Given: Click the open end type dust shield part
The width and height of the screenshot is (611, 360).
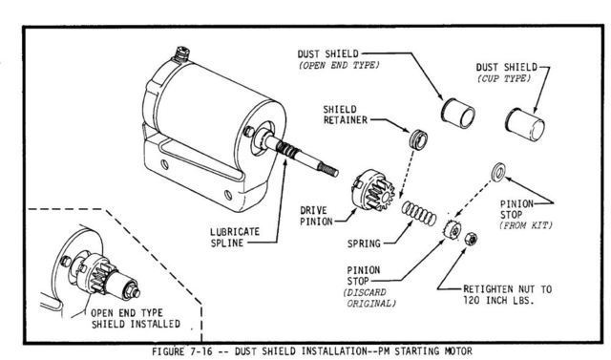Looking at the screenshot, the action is (x=458, y=113).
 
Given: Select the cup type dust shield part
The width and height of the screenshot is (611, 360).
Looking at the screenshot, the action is (x=525, y=124).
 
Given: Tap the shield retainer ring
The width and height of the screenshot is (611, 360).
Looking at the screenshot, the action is (x=418, y=138).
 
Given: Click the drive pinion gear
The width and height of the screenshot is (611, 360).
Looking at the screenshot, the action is (x=373, y=190).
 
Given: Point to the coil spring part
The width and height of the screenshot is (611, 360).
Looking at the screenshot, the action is (x=419, y=214).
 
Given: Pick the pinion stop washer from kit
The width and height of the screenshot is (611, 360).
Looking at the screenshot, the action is (x=498, y=173).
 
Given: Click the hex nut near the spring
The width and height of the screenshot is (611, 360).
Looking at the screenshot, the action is (x=471, y=239).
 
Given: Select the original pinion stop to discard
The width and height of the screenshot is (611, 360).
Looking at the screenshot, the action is (x=453, y=229).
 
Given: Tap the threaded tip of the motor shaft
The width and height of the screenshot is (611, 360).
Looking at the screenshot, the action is (x=328, y=169).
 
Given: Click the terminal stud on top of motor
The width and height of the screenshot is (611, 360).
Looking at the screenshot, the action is (x=182, y=53).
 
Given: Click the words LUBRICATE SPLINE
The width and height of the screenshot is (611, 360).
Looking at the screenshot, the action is (x=235, y=237).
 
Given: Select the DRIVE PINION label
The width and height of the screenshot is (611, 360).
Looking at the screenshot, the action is (x=316, y=216).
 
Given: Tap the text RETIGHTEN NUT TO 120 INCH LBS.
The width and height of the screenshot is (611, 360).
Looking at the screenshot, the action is (x=507, y=294).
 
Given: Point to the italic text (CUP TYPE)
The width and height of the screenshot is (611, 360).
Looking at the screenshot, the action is (x=504, y=78).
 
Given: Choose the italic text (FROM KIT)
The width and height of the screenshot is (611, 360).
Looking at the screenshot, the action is (x=526, y=225).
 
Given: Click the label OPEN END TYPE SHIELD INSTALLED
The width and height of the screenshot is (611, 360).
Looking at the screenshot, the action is (x=136, y=318).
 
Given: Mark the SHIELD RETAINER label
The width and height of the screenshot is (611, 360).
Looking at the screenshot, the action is (x=346, y=115).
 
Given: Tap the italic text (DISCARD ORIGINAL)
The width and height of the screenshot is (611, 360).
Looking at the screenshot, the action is (x=369, y=298).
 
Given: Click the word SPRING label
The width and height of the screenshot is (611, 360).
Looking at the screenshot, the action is (x=364, y=244).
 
